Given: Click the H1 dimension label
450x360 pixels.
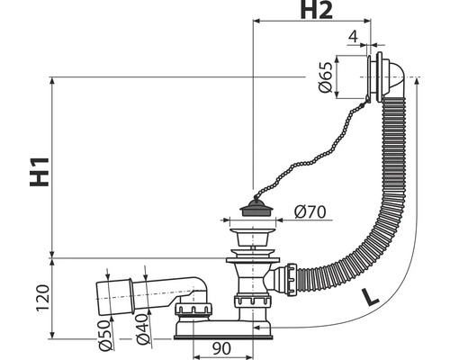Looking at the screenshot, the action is pyautogui.click(x=40, y=172).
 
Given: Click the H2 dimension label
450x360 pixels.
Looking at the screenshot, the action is pyautogui.click(x=317, y=10).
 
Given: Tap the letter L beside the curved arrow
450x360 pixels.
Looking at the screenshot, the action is pyautogui.click(x=369, y=297).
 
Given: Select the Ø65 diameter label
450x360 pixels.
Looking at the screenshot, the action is pyautogui.click(x=325, y=77).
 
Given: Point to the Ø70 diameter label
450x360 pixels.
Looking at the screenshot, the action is pyautogui.click(x=310, y=212).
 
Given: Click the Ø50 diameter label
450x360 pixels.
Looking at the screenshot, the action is pyautogui.click(x=105, y=336).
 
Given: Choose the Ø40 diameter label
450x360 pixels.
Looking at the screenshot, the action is pyautogui.click(x=143, y=329).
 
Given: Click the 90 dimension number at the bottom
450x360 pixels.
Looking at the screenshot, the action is pyautogui.click(x=221, y=348).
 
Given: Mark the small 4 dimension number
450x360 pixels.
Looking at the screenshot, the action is pyautogui.click(x=354, y=37).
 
